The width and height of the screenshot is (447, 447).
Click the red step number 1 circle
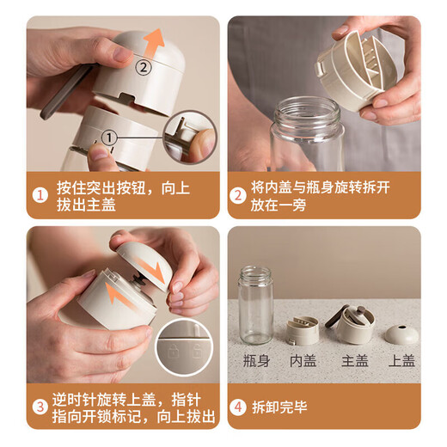click(40, 196)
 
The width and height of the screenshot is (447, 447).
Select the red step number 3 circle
click(40, 403)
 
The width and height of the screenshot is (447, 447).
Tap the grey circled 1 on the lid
click(109, 135)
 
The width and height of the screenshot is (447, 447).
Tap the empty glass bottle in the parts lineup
click(255, 304)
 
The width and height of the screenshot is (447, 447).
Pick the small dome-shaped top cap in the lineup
click(401, 334)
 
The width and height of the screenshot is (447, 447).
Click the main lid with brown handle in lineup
click(354, 323)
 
